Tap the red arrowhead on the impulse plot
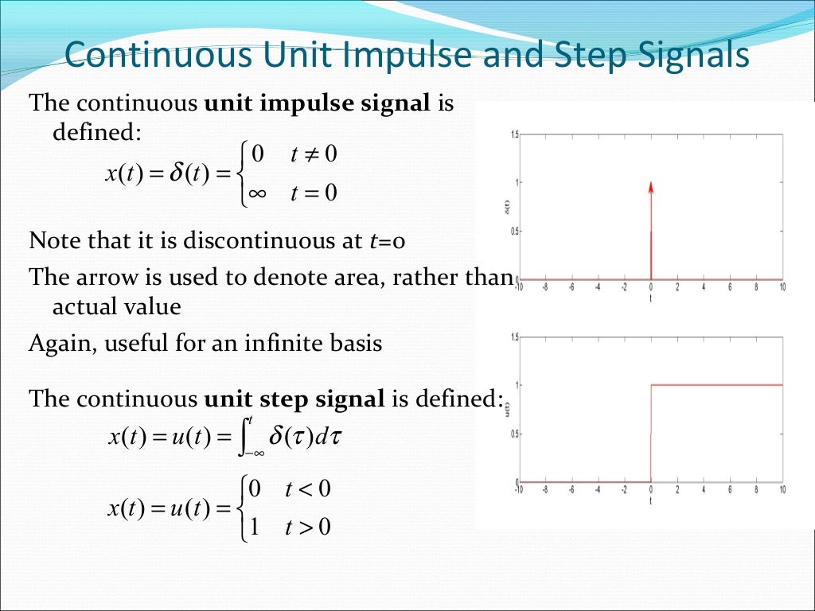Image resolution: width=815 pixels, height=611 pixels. coord(651,188)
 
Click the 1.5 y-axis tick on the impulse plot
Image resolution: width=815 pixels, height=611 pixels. coord(513,134)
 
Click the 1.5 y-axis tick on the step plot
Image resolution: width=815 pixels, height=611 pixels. coord(513,337)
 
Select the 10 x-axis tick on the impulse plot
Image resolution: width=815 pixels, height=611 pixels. coord(782,288)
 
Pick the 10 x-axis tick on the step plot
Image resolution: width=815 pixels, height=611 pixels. coord(782,491)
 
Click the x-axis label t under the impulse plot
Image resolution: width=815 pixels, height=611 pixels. coord(651,299)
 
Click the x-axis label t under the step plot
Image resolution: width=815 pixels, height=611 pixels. coord(651,502)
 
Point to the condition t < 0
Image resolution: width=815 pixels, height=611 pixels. coord(307,488)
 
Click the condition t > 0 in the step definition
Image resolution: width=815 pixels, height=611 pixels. coord(307,526)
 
